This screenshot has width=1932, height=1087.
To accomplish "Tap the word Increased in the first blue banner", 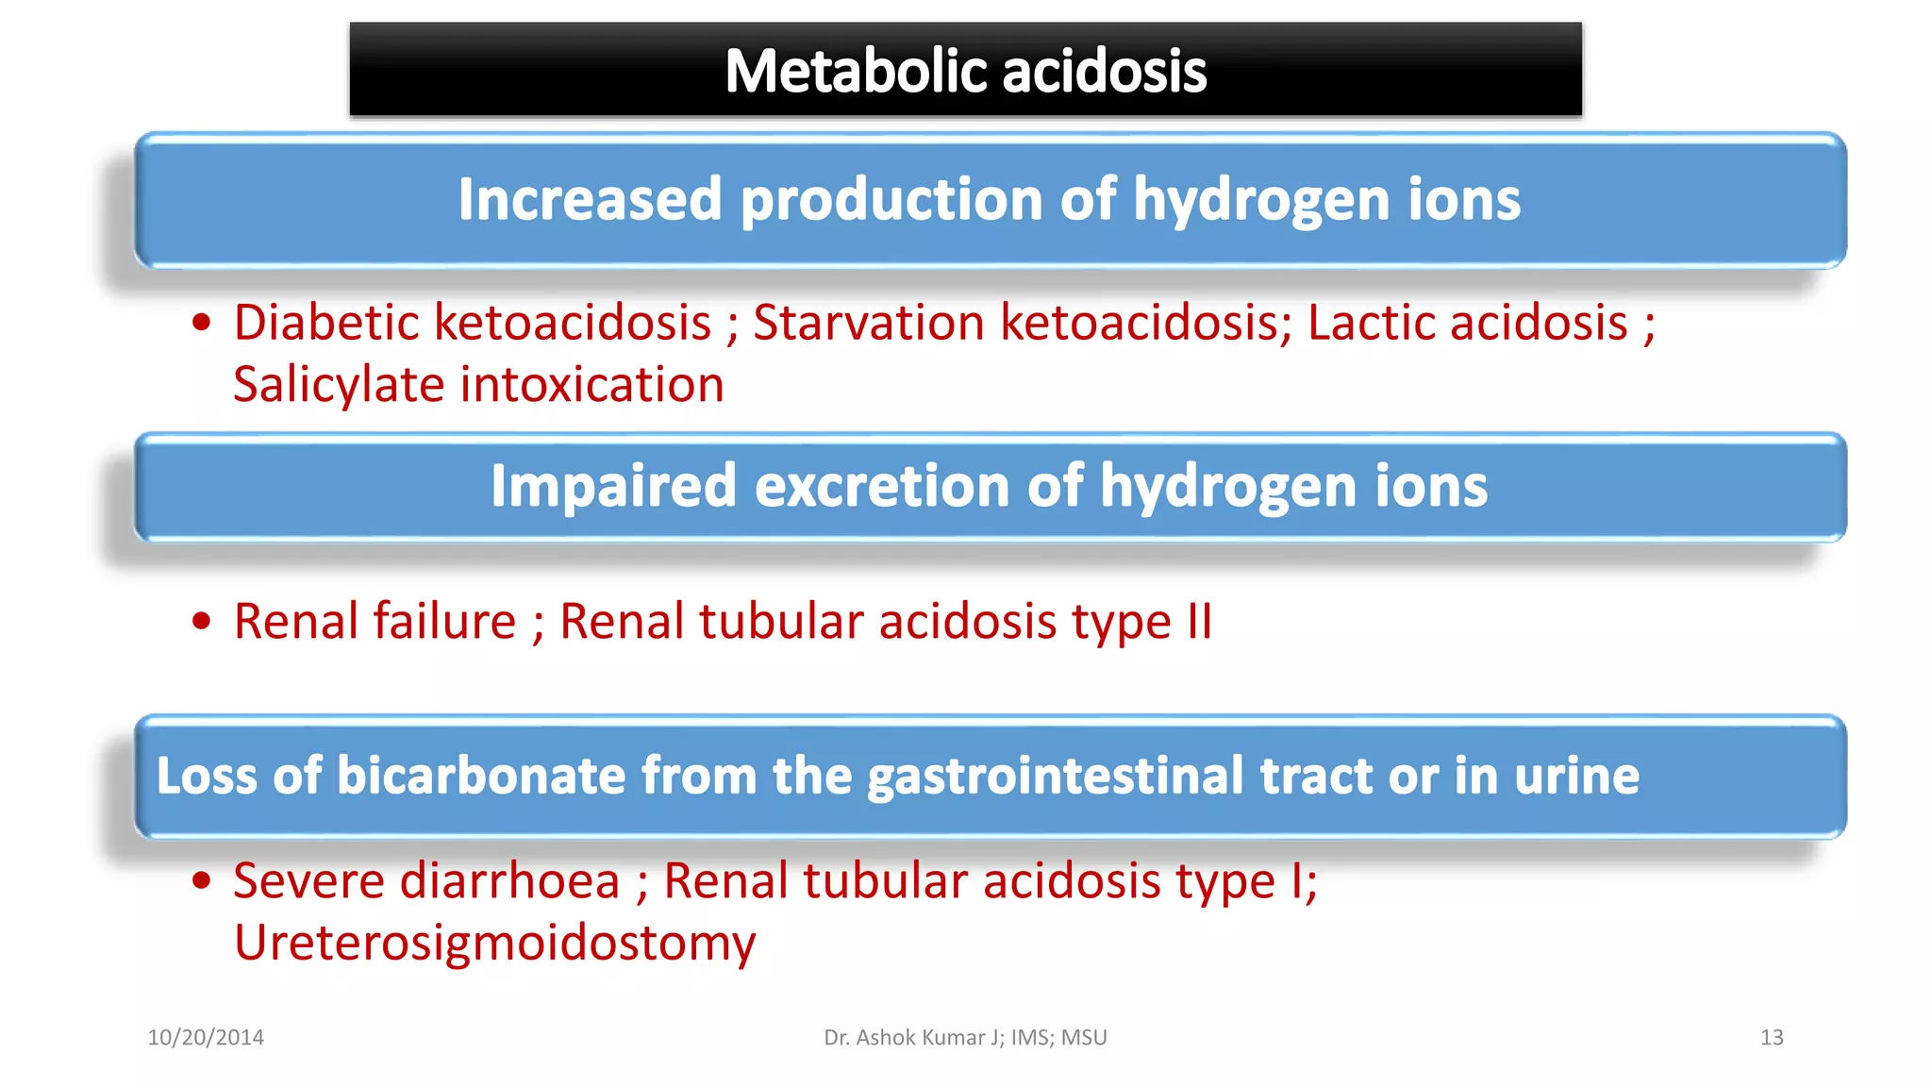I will [x=590, y=199].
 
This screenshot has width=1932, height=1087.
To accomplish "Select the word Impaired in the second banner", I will [x=612, y=486].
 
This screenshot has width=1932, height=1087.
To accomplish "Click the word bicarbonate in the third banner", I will [x=481, y=776].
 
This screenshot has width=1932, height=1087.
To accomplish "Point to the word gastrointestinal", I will [x=1056, y=776].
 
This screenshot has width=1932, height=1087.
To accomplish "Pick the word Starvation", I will [x=868, y=323].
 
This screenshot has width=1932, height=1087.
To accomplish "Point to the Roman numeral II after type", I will [x=1199, y=622].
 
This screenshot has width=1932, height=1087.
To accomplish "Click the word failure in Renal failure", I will [x=444, y=622].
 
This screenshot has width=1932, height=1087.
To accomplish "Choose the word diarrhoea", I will [x=509, y=881].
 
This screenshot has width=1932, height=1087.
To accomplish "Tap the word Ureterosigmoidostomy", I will [x=494, y=943].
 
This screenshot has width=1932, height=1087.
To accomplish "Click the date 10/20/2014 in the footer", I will [x=206, y=1038].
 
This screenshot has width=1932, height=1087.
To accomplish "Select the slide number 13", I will [x=1772, y=1038].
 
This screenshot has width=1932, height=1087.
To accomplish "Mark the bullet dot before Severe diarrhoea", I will [x=201, y=881].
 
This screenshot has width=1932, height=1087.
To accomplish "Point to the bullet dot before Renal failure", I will [x=201, y=622].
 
